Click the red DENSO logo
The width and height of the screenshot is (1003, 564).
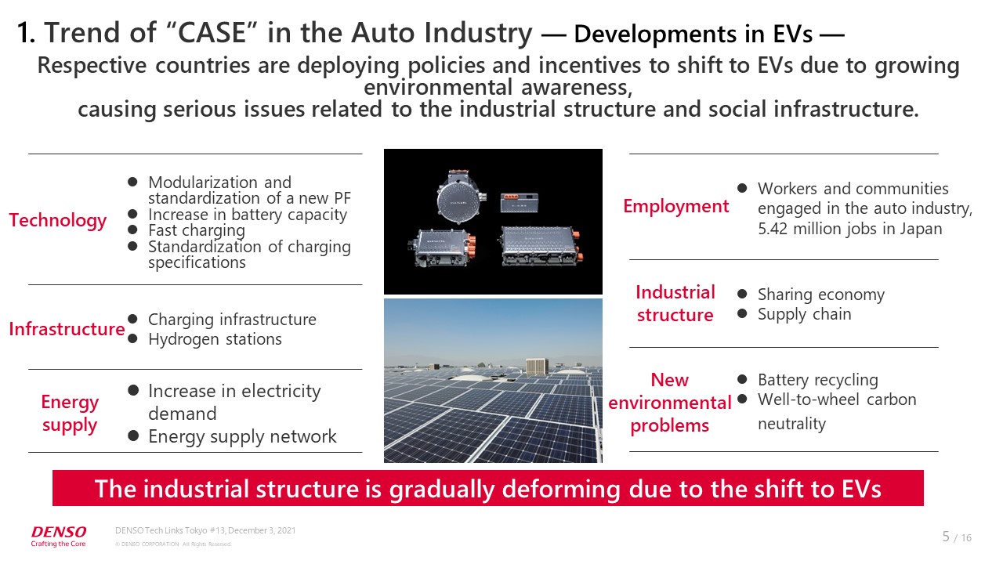pos(59,532)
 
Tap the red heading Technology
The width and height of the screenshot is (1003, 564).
pos(58,220)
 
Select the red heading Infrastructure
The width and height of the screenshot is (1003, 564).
pos(67,329)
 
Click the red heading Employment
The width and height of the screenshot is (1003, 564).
pos(676,206)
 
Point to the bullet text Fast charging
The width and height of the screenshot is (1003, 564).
pos(197,230)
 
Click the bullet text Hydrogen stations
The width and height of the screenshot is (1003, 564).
pos(215,339)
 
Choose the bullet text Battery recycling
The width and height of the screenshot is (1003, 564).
pos(818,380)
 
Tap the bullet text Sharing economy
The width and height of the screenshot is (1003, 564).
pos(821,295)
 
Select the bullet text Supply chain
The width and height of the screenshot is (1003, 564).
pos(804,314)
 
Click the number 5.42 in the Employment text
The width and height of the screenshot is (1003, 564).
pos(773,229)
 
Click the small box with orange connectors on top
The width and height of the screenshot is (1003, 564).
pos(520,203)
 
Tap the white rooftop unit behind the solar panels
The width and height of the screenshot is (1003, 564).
pos(537,367)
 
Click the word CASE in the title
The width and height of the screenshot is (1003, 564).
pos(212,33)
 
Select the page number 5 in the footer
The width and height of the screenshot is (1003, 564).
pos(946,537)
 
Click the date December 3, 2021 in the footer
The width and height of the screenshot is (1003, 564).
pos(262,530)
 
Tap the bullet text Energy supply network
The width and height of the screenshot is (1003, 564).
pos(242,436)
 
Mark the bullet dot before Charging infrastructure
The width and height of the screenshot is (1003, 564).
pos(132,319)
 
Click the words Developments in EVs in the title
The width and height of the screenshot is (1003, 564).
pos(693,34)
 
